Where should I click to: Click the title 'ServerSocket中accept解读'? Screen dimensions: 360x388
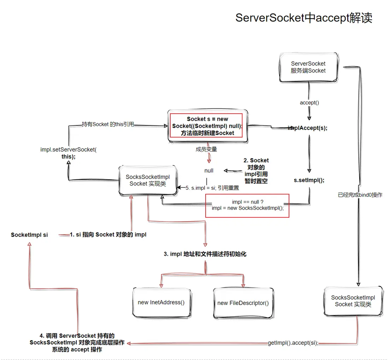pyautogui.click(x=304, y=18)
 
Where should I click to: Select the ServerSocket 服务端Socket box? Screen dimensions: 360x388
pyautogui.click(x=308, y=67)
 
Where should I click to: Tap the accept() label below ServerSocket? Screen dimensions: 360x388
pyautogui.click(x=309, y=103)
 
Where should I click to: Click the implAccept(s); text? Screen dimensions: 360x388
pyautogui.click(x=308, y=128)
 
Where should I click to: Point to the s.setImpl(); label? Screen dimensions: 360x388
pyautogui.click(x=309, y=180)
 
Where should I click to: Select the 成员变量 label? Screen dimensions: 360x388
pyautogui.click(x=206, y=149)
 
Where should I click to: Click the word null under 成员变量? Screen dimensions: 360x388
pyautogui.click(x=209, y=171)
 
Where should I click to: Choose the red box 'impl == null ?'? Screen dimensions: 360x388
pyautogui.click(x=248, y=205)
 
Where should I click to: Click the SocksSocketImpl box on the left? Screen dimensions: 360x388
pyautogui.click(x=148, y=180)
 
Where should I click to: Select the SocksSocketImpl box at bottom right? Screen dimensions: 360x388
pyautogui.click(x=353, y=301)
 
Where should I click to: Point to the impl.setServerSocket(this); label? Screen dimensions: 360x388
pyautogui.click(x=68, y=153)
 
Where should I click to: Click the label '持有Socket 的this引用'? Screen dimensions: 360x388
pyautogui.click(x=108, y=124)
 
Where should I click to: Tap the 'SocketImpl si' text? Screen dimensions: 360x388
pyautogui.click(x=29, y=235)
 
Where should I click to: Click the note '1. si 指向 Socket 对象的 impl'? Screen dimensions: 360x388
pyautogui.click(x=108, y=235)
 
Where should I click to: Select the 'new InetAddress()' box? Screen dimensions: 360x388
pyautogui.click(x=161, y=302)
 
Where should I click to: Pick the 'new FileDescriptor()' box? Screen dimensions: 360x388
pyautogui.click(x=243, y=303)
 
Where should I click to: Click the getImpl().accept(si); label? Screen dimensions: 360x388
pyautogui.click(x=293, y=343)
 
